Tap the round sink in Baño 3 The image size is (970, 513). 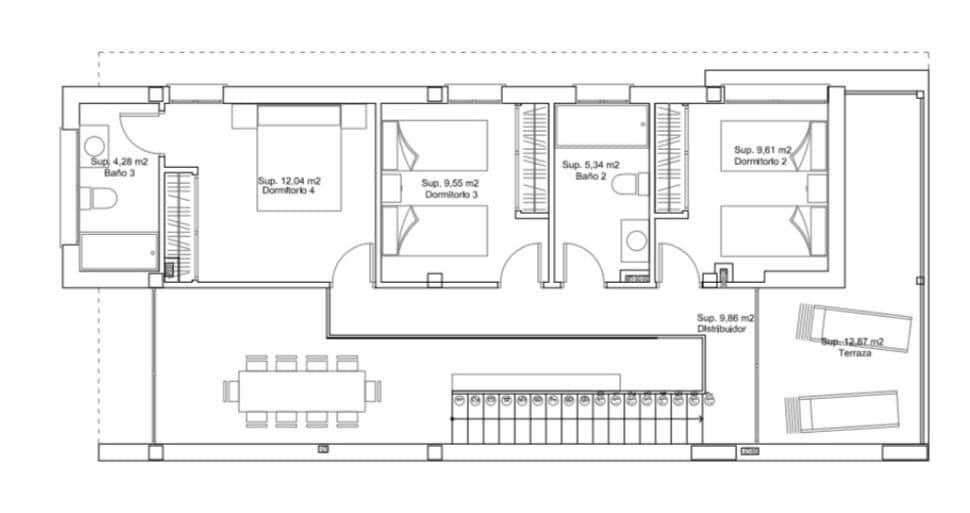click(x=96, y=143)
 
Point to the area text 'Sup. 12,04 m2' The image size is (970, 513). click(x=289, y=181)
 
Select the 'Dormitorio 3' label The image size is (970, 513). click(x=451, y=194)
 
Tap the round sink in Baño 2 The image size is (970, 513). click(x=633, y=240)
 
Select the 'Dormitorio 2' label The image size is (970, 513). click(x=761, y=161)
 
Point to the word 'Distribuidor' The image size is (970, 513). click(x=720, y=329)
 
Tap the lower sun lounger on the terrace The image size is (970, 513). click(x=842, y=413)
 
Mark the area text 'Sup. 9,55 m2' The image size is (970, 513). click(x=450, y=183)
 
